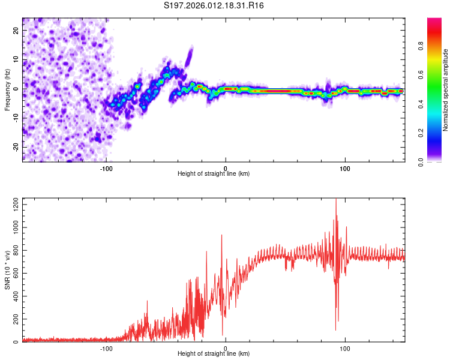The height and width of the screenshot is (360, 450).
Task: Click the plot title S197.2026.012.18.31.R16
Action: pyautogui.click(x=214, y=6)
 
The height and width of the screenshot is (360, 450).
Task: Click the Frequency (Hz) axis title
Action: pyautogui.click(x=8, y=89)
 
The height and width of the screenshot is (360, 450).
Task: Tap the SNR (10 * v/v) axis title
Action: pyautogui.click(x=8, y=269)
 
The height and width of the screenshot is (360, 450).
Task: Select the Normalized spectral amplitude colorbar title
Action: pyautogui.click(x=445, y=91)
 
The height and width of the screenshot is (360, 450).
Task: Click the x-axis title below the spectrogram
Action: pyautogui.click(x=214, y=174)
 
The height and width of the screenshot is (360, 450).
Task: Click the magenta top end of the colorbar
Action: pyautogui.click(x=434, y=21)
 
